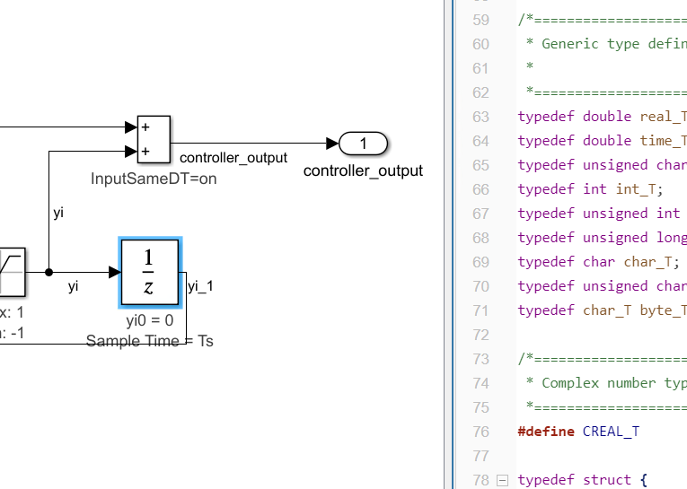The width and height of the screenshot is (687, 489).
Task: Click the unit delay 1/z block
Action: [x=150, y=273]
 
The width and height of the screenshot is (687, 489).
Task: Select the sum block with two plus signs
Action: [x=154, y=139]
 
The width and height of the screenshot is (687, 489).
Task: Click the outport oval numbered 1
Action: [x=363, y=143]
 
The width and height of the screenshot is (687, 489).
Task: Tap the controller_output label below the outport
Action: [x=363, y=170]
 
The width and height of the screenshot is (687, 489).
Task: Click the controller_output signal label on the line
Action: [x=227, y=158]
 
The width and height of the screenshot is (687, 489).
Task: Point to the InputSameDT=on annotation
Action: [x=154, y=179]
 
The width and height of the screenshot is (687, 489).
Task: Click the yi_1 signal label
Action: [x=200, y=286]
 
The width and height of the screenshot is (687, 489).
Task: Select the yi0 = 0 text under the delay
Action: [x=149, y=321]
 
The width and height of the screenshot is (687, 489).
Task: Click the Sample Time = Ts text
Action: [x=149, y=341]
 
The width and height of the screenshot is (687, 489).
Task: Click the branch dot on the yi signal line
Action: [x=48, y=272]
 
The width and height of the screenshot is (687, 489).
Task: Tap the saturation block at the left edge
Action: [x=12, y=272]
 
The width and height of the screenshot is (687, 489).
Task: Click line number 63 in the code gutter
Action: [x=480, y=117]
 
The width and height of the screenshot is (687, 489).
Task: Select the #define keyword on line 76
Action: [x=546, y=432]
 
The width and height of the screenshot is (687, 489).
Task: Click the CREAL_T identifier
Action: [x=611, y=432]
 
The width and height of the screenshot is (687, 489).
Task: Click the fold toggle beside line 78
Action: [x=502, y=480]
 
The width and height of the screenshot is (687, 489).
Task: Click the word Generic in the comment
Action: [x=570, y=44]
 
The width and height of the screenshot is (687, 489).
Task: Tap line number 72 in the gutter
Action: [x=480, y=335]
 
